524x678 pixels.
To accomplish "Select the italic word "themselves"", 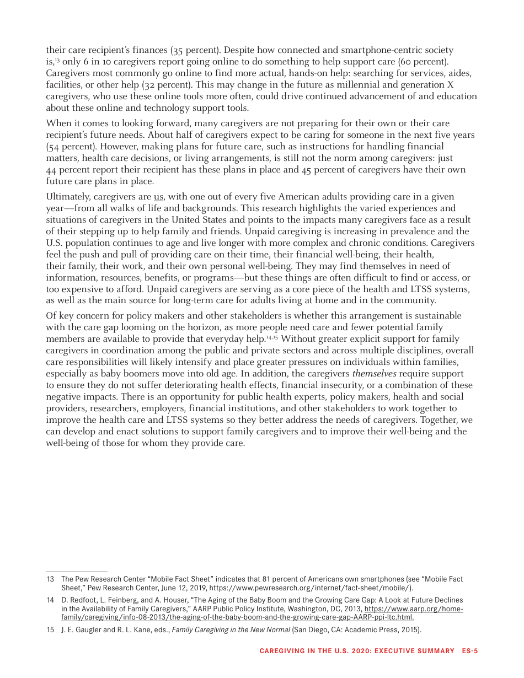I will tap(374, 374).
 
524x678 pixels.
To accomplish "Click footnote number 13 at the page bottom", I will tap(50, 579).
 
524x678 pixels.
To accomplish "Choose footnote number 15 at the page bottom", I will tap(50, 630).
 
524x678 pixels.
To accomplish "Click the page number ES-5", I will tap(470, 651).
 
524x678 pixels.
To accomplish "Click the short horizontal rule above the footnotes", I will tap(76, 572).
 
